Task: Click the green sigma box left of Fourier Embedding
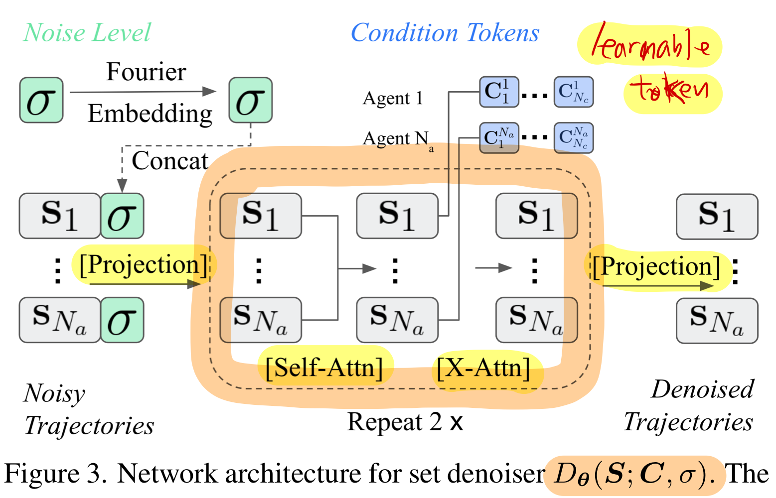[41, 100]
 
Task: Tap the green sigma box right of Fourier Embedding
[250, 100]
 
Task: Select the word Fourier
[146, 72]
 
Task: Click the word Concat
[169, 161]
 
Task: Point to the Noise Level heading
[87, 33]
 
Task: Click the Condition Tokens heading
[445, 33]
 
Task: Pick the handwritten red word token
[670, 90]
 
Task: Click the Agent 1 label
[393, 98]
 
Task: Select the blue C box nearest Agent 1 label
[499, 92]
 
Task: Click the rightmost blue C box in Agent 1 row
[574, 92]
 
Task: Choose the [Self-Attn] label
[324, 368]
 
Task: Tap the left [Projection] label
[144, 264]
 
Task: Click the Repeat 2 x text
[405, 422]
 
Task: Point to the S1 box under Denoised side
[717, 217]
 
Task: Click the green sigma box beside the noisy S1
[122, 216]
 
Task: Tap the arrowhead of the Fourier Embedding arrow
[209, 91]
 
